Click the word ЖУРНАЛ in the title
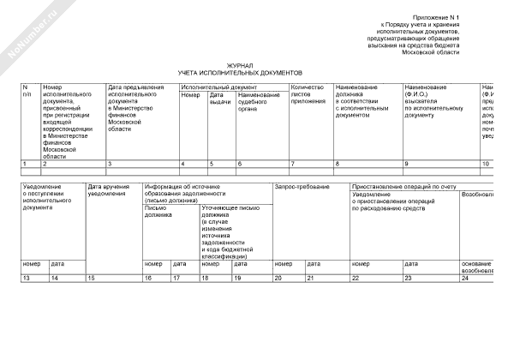point(240,65)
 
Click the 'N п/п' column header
point(27,91)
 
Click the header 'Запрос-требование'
point(296,186)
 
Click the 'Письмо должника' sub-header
point(159,210)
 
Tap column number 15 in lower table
point(91,279)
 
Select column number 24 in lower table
point(465,279)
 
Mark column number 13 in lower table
point(27,279)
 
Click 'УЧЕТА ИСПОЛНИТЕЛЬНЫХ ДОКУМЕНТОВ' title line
point(240,73)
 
